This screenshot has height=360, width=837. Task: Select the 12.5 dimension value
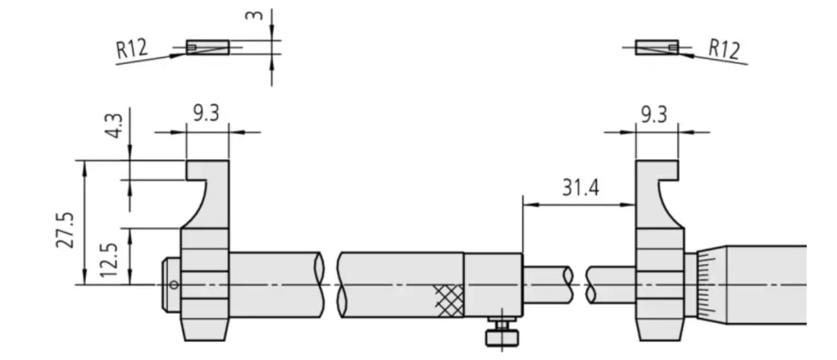(107, 257)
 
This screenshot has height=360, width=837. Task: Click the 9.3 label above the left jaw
(206, 113)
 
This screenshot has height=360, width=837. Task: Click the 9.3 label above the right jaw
(654, 114)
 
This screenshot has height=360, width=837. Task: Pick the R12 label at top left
(132, 48)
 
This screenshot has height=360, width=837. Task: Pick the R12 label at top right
(723, 48)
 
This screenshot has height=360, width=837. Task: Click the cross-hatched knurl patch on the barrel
(448, 300)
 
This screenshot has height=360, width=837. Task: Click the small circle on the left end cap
(173, 284)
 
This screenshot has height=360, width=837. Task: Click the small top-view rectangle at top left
(207, 47)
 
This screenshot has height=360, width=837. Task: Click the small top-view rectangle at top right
(656, 47)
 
